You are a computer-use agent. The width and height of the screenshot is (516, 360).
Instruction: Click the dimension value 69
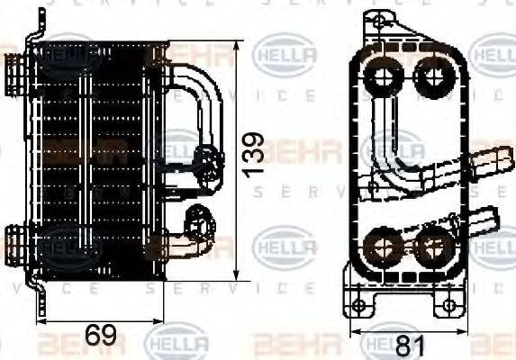[102, 337]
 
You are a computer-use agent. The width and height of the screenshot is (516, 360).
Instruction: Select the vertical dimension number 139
[255, 155]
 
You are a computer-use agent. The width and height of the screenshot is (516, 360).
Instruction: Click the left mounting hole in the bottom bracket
[358, 307]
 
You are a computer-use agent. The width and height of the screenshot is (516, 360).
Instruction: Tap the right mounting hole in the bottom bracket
[448, 307]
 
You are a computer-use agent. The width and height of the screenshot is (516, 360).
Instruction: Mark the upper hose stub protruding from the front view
[490, 163]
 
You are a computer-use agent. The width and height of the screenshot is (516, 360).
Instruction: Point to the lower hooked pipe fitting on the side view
[191, 229]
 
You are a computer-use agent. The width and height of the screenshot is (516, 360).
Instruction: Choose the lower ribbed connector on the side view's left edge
[17, 241]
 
